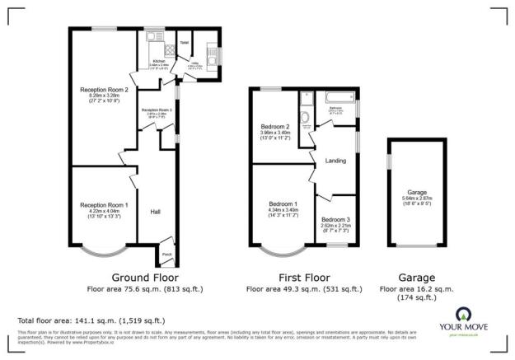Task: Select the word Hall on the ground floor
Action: pos(155,212)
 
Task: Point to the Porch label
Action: pos(166,253)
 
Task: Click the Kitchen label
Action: pos(159,60)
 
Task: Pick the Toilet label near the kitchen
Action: pos(185,41)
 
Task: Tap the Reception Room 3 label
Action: pos(157,110)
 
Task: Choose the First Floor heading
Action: pos(304,278)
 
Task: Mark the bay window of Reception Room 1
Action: pos(104,246)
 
